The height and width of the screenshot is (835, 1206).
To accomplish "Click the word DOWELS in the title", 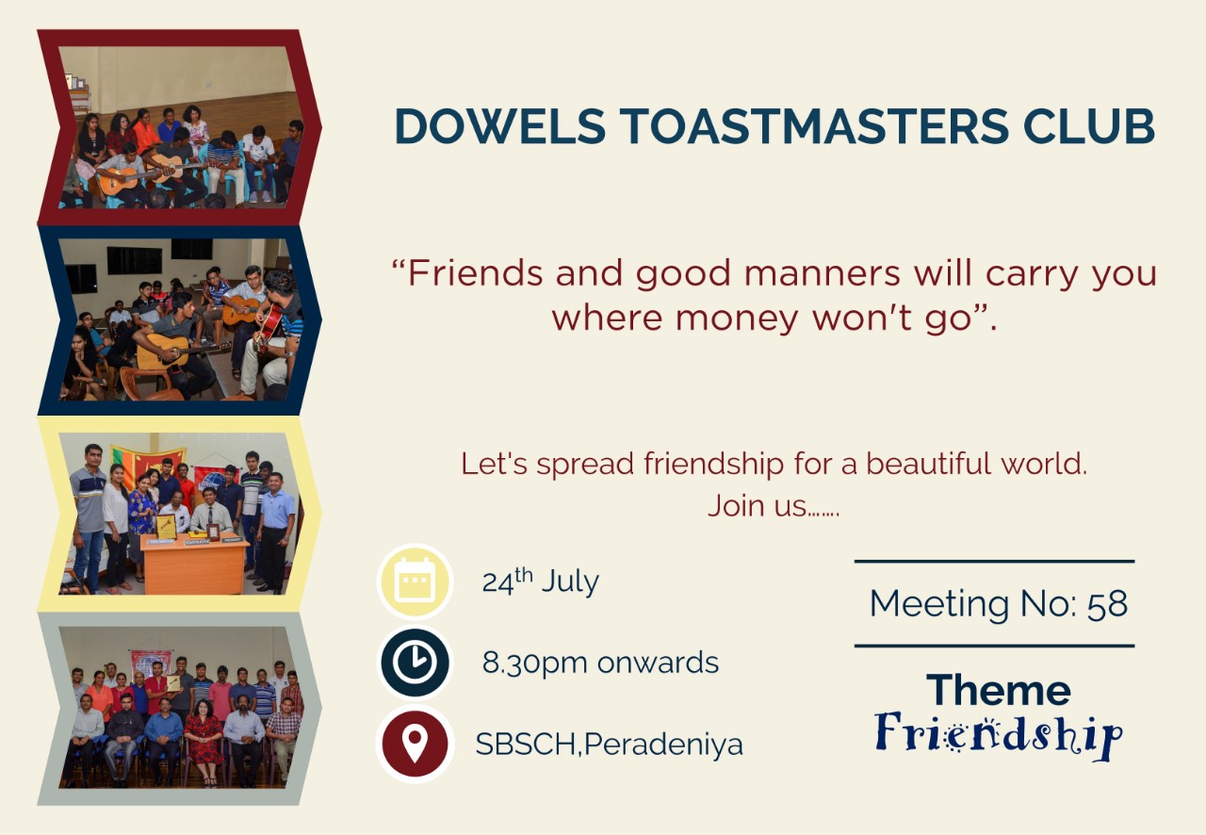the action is (500, 126).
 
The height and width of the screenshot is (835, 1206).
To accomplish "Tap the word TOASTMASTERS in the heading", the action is (814, 126).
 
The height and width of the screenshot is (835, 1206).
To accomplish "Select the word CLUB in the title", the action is (1088, 126).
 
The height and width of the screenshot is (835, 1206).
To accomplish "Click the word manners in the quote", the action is (823, 273).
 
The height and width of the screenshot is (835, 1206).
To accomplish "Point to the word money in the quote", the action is (737, 319).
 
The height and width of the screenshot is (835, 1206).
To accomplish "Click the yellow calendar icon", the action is (415, 581).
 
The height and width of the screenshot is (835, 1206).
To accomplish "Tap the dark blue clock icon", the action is (415, 663).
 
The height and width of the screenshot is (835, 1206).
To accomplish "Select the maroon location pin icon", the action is (415, 744).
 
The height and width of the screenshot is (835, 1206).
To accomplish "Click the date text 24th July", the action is (541, 581).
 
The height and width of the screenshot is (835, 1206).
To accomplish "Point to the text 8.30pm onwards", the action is (600, 663).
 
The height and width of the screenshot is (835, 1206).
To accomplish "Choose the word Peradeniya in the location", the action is (663, 745).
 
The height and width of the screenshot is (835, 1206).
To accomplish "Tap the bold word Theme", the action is (999, 690).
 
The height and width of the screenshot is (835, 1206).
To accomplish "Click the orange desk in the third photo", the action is (194, 563).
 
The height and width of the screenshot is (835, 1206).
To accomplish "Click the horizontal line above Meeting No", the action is (994, 562).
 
